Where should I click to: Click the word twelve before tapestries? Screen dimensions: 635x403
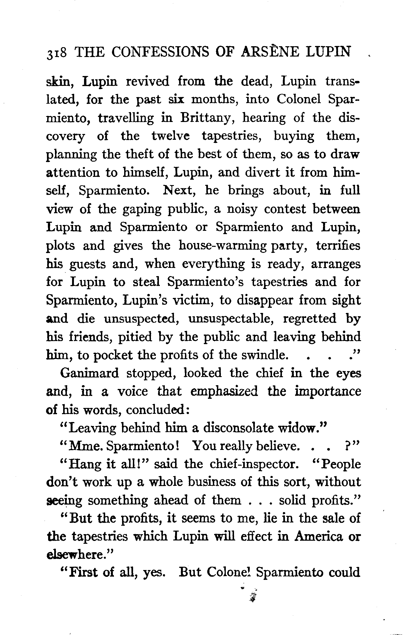[170, 136]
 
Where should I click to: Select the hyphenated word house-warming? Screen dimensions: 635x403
[223, 246]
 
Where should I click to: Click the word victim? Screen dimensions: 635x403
[195, 300]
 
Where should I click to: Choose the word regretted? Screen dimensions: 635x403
[309, 319]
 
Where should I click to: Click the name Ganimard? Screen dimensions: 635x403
[89, 373]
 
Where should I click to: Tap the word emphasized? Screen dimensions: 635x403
[224, 391]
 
